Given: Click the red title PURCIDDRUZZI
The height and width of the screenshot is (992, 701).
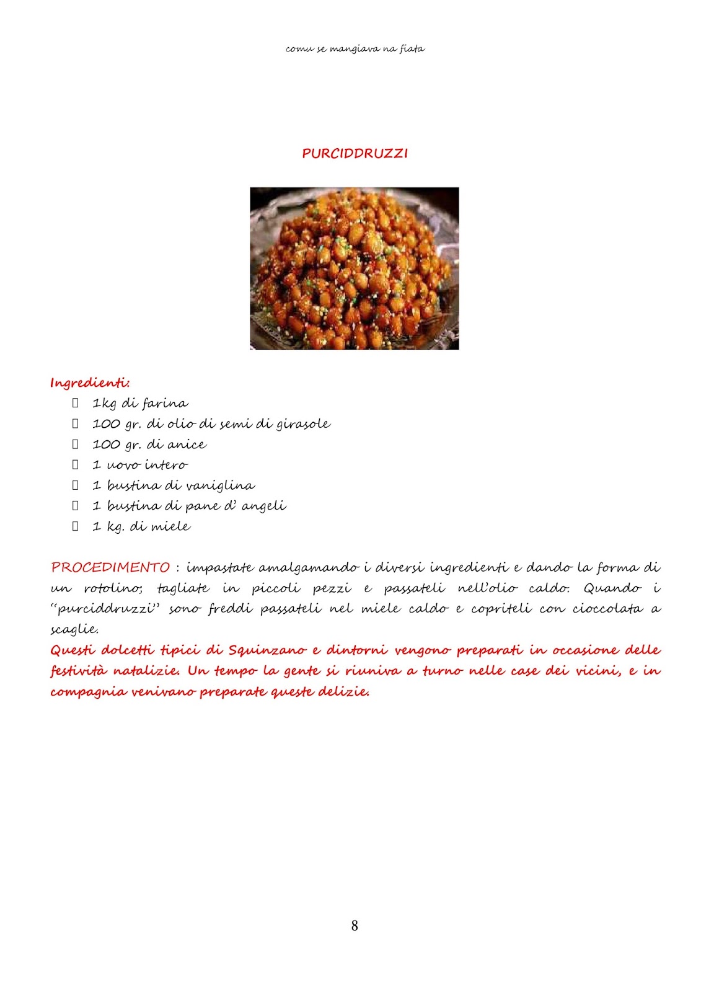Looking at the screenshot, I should coord(355,153).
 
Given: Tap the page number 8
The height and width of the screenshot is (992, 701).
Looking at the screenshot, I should coord(355,926).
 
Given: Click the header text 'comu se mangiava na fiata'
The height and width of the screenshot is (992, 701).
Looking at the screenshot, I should coord(355,48).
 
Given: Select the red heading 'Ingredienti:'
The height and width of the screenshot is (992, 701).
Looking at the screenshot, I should coord(90,383).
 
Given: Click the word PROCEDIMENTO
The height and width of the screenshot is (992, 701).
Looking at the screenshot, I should coord(110,567).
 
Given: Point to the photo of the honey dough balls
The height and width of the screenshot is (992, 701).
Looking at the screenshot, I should coord(354,268).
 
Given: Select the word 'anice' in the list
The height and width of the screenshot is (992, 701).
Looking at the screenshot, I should coord(187,445).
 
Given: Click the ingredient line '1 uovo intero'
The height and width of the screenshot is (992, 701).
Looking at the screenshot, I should coord(139,465).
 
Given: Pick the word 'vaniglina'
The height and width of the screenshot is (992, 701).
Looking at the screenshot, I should coord(224,485).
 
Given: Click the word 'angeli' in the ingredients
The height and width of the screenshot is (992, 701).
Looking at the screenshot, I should coord(263,506).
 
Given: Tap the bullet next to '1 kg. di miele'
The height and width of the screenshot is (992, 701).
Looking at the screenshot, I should coord(76,526).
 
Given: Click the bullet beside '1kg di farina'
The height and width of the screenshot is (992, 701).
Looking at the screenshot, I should coord(76,403).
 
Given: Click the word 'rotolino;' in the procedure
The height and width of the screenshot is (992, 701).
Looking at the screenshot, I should coord(113,588).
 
